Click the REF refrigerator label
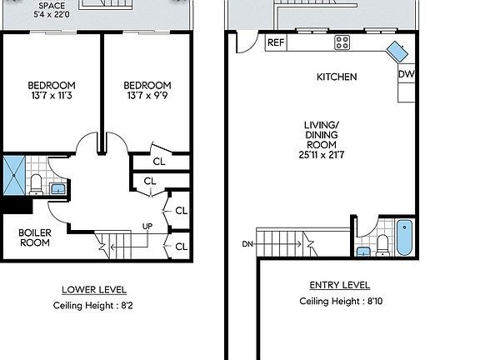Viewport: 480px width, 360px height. click(x=276, y=42)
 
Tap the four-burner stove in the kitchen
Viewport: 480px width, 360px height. click(x=342, y=42)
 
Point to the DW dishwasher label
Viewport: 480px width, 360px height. click(x=406, y=75)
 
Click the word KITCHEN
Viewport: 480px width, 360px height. click(x=337, y=77)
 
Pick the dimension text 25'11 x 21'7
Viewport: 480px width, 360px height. click(x=322, y=155)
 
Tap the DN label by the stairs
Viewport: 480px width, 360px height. click(x=247, y=244)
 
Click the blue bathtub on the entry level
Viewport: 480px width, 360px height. click(x=403, y=237)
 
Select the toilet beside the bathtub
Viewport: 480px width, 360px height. click(x=382, y=243)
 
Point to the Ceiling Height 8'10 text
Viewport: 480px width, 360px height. click(x=336, y=302)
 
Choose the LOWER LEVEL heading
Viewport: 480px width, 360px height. click(x=94, y=290)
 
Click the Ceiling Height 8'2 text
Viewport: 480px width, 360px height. click(x=94, y=306)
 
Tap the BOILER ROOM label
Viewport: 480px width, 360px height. click(x=34, y=237)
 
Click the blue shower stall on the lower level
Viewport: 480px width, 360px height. click(x=14, y=174)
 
